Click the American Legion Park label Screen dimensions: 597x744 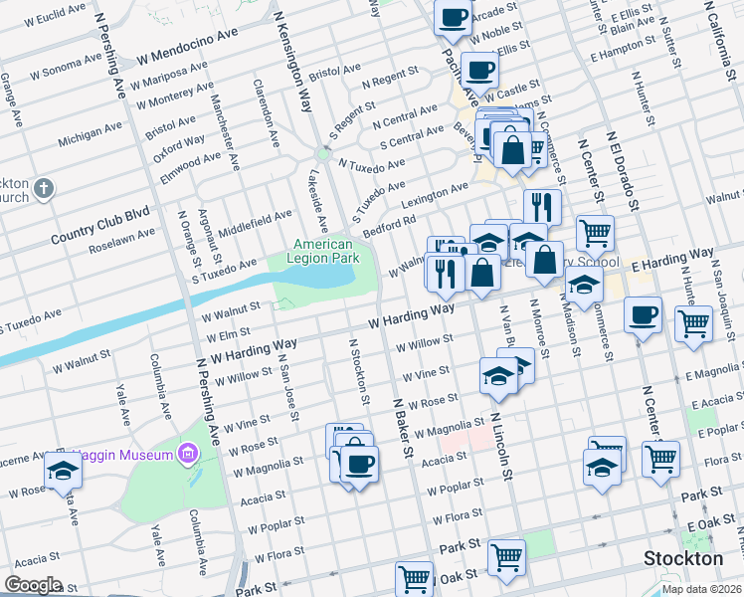pos(324,251)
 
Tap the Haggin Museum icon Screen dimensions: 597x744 pos(186,455)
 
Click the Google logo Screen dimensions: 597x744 pos(34,585)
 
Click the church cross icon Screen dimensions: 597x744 pos(43,188)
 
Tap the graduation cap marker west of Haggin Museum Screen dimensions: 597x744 pos(64,470)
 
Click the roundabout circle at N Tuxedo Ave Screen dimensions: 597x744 pos(322,154)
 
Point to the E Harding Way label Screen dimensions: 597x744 pos(671,262)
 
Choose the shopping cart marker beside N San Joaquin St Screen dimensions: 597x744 pos(693,321)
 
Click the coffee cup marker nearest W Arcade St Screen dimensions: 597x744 pos(454,16)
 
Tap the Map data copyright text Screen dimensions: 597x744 pos(700,588)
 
